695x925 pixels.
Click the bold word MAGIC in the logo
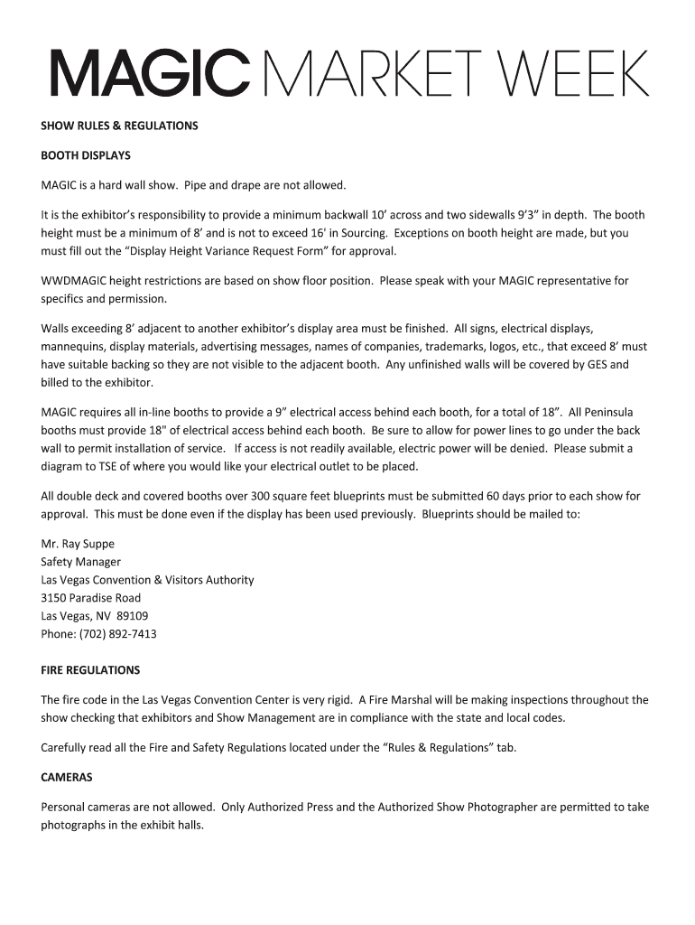point(149,74)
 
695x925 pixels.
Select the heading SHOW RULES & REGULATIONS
point(119,126)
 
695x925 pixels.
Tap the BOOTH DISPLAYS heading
point(86,155)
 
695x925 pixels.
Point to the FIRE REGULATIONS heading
point(90,670)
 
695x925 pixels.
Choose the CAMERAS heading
point(67,777)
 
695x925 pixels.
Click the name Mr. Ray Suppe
point(78,544)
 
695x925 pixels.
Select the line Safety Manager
point(80,562)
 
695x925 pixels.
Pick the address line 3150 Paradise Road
point(90,598)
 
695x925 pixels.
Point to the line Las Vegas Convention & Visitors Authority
point(147,580)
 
